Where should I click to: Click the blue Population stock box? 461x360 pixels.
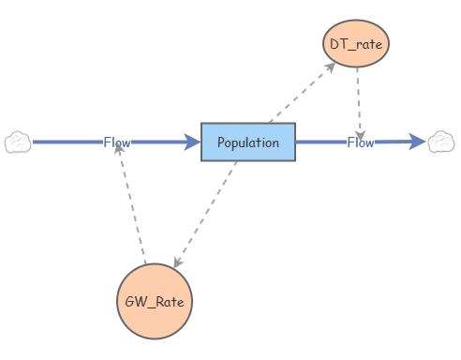point(248,142)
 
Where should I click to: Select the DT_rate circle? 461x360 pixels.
point(357,43)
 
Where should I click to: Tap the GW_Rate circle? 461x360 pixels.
point(154,302)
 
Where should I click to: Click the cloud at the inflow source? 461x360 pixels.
point(18,142)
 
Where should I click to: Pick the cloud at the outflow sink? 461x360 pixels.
point(441,142)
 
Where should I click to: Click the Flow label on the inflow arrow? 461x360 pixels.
point(117,142)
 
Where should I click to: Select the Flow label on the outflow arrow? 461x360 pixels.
point(361,142)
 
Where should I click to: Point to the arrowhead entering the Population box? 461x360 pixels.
point(193,142)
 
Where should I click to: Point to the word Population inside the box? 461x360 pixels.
point(248,142)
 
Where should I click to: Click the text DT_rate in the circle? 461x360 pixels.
point(357,43)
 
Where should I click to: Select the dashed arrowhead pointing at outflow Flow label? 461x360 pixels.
point(361,131)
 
